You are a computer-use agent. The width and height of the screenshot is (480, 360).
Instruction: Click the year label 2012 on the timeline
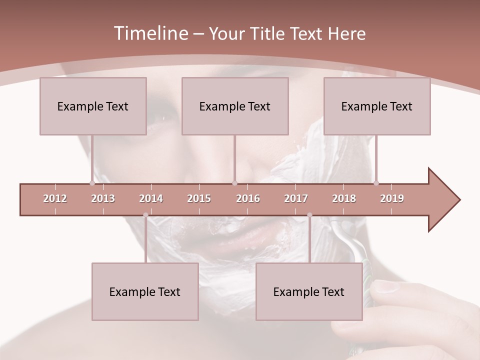(x=55, y=198)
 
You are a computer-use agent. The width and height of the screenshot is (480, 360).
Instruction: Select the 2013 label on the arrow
(x=103, y=198)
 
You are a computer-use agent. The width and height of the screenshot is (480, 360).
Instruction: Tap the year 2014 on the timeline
(x=151, y=198)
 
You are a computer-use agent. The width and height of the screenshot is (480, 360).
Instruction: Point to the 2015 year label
(x=199, y=198)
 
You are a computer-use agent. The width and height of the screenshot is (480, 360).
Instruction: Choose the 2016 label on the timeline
(x=248, y=198)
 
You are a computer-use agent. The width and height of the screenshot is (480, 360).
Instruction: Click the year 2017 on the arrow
(x=296, y=198)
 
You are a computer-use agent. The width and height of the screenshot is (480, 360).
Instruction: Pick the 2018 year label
(x=344, y=198)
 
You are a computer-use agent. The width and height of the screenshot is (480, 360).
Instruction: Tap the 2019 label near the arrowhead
(x=392, y=198)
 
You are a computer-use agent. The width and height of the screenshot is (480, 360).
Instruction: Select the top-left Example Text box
(x=93, y=106)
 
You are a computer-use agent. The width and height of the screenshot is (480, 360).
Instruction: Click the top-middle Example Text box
(x=235, y=106)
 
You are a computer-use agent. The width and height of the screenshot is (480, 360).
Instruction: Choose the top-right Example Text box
(x=377, y=106)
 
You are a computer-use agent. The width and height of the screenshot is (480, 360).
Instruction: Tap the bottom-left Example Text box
(x=145, y=291)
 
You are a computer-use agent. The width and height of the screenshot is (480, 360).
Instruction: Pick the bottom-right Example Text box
(x=309, y=291)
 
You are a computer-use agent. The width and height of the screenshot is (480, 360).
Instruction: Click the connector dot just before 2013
(x=92, y=183)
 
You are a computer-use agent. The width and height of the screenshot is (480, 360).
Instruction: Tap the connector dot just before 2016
(x=234, y=183)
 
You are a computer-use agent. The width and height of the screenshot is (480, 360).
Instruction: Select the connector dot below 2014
(x=145, y=215)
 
